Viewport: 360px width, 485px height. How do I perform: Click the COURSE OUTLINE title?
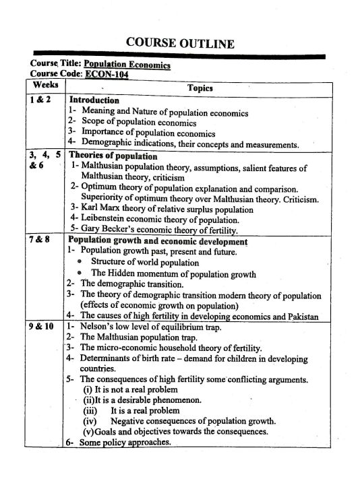click(x=180, y=44)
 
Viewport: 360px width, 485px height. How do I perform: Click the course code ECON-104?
click(x=106, y=74)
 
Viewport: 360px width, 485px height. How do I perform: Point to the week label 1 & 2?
click(x=40, y=100)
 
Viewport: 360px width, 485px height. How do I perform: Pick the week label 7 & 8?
click(x=40, y=241)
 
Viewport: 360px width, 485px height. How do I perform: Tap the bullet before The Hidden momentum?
click(x=80, y=273)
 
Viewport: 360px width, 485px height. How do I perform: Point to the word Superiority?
click(x=108, y=199)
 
